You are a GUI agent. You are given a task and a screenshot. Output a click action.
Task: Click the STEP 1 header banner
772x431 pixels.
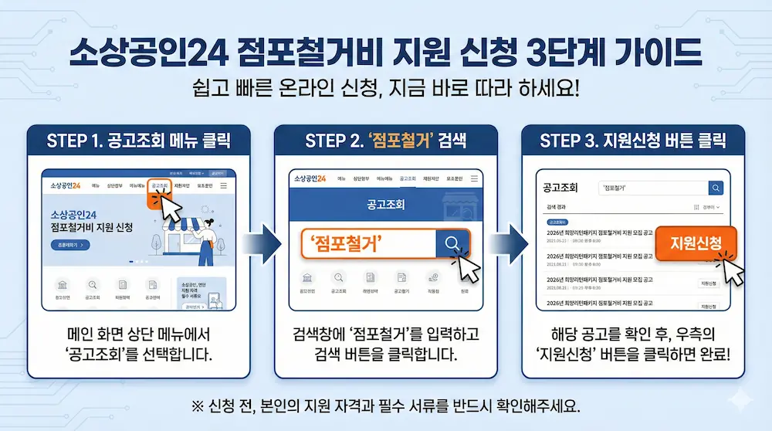138,141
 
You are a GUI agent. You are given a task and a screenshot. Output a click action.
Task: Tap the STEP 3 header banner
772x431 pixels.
633,141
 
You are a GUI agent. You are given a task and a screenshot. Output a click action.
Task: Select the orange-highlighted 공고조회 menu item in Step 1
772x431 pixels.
160,186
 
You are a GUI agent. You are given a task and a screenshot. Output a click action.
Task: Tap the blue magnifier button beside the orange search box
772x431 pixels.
452,244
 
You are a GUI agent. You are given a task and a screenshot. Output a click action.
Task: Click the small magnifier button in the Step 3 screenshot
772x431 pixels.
716,188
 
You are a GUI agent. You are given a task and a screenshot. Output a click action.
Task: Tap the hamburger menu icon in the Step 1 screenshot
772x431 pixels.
223,186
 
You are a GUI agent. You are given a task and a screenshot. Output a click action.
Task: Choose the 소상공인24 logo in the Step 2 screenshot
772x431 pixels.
310,178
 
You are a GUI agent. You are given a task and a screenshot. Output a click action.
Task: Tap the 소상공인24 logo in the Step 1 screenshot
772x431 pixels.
66,186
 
